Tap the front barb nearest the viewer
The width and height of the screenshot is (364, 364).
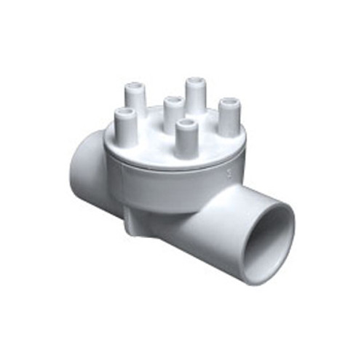[186, 135]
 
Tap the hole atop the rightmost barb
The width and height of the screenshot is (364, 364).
[230, 100]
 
